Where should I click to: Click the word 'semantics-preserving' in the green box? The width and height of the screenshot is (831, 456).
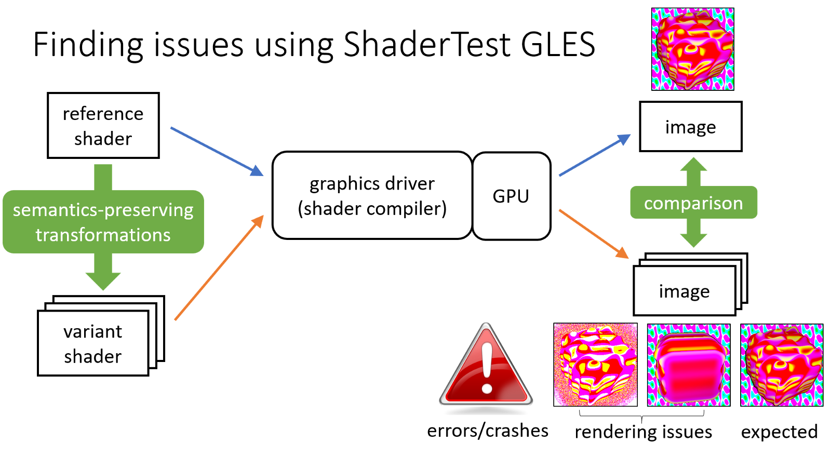[103, 210]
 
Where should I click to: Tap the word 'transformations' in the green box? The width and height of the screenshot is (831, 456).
[103, 235]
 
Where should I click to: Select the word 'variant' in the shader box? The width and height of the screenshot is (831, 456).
[92, 331]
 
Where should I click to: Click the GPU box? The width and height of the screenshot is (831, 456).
[511, 196]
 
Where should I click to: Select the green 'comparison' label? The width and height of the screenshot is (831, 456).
[693, 203]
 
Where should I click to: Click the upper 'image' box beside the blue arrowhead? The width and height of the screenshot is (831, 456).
[690, 127]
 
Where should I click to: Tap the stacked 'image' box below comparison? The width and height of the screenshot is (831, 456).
[684, 291]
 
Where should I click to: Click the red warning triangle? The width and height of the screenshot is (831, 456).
[486, 369]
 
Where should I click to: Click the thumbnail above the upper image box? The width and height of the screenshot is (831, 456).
[692, 49]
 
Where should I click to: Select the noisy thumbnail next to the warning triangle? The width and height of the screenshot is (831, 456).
[595, 365]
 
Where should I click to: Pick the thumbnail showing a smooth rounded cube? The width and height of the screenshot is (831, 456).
[688, 365]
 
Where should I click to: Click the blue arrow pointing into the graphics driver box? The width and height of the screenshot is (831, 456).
[217, 151]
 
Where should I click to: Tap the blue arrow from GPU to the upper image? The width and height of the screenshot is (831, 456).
[595, 155]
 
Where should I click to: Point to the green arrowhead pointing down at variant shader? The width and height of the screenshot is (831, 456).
[103, 280]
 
